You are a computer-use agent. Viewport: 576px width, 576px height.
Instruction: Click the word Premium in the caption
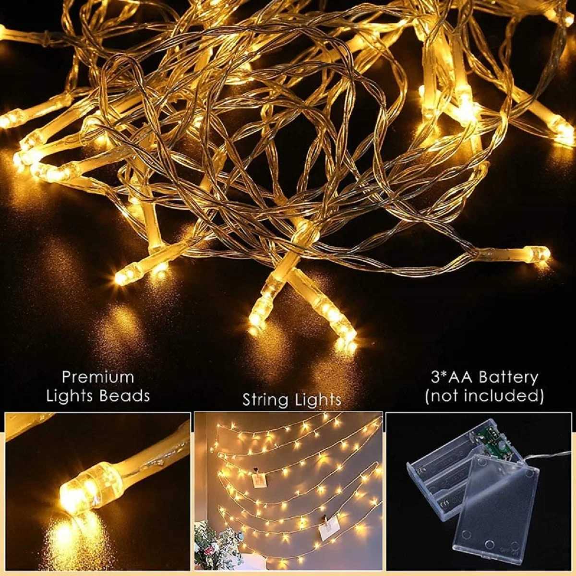coord(97,377)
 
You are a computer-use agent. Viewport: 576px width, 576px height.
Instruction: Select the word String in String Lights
coord(265,400)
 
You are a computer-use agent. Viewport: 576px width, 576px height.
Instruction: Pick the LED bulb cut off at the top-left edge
coord(7,33)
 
